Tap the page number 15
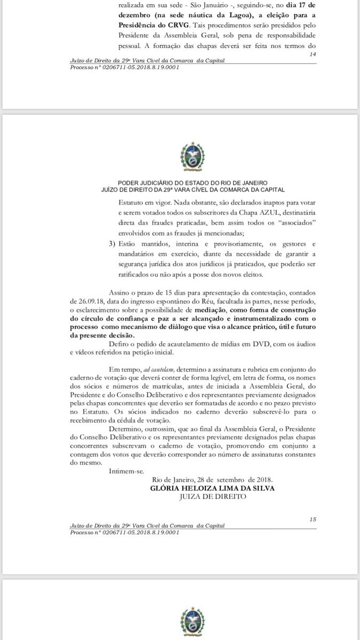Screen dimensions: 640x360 pos(313,519)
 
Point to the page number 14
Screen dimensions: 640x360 pos(313,54)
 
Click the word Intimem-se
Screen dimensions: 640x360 pos(124,471)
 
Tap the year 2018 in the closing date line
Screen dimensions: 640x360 pos(261,479)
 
